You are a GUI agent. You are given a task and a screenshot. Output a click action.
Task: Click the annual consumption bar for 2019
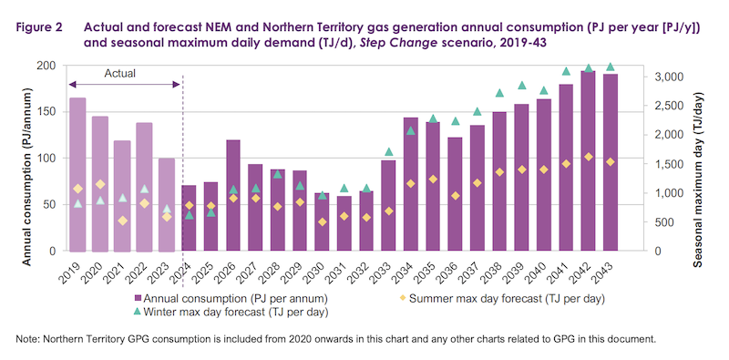[x=77, y=174]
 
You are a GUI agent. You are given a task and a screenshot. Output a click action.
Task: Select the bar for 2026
[x=233, y=195]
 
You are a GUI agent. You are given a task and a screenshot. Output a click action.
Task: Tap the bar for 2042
[x=588, y=161]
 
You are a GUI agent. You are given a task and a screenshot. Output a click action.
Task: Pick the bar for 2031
[x=344, y=223]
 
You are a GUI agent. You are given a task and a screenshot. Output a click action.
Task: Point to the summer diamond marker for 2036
[x=456, y=196]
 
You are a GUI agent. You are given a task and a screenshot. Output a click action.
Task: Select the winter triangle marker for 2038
[x=499, y=93]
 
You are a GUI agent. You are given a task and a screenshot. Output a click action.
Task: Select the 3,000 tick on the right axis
[x=661, y=77]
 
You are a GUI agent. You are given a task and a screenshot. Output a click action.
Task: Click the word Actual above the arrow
[x=120, y=73]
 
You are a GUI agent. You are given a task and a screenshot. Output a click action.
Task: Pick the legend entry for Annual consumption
[x=231, y=299]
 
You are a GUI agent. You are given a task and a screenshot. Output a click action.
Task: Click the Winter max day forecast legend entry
[x=231, y=312]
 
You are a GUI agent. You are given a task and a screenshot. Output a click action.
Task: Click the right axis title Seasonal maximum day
[x=697, y=180]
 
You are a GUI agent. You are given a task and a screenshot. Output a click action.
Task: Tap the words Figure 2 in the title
[x=39, y=28]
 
